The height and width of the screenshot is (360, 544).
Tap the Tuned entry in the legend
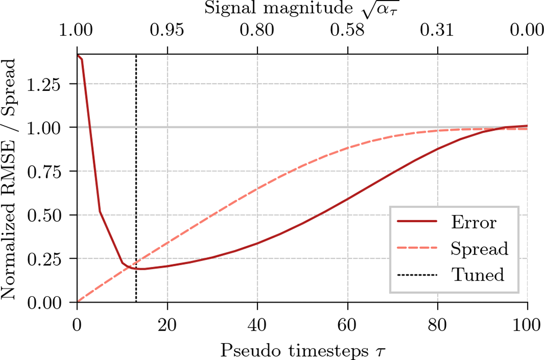pyautogui.click(x=477, y=274)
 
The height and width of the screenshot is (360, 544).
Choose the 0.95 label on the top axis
pyautogui.click(x=167, y=31)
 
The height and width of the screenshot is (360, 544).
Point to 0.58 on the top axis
pyautogui.click(x=347, y=31)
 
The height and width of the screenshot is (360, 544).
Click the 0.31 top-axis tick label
pyautogui.click(x=437, y=31)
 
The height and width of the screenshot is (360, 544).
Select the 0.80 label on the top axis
pyautogui.click(x=257, y=31)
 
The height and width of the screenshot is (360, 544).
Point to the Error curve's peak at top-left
pyautogui.click(x=78, y=55)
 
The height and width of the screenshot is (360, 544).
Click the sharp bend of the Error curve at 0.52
pyautogui.click(x=100, y=211)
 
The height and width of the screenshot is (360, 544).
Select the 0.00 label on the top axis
pyautogui.click(x=527, y=31)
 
